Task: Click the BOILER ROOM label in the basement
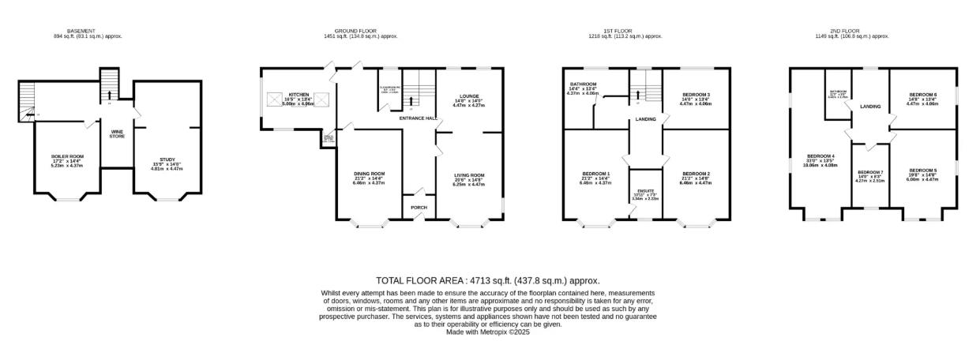(x=67, y=156)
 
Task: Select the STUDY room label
(x=167, y=159)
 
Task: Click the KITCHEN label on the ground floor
(x=298, y=94)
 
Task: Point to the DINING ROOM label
(x=369, y=174)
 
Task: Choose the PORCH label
(x=419, y=208)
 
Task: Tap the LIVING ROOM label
(x=469, y=174)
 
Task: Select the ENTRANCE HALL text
(x=419, y=118)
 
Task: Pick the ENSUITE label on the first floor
(x=646, y=190)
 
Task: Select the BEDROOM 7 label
(x=869, y=172)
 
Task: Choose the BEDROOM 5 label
(x=922, y=171)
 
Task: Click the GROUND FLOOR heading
(x=360, y=31)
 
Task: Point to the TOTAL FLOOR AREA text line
(x=487, y=280)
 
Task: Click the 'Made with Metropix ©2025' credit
(x=487, y=332)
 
